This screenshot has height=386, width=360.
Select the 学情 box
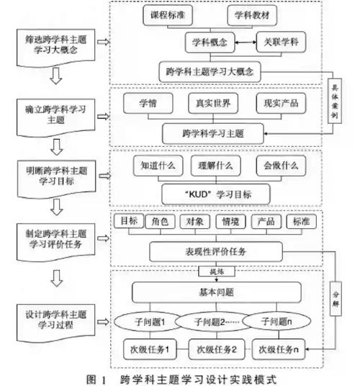click(148, 104)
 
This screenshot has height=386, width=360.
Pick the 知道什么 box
click(155, 165)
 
